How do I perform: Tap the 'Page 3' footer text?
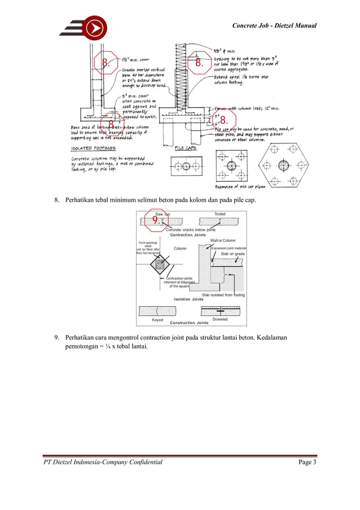307,463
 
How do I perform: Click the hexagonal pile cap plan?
283,165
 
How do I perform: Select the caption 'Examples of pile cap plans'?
242,186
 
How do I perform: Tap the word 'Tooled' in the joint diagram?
220,214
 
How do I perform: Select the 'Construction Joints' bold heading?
189,322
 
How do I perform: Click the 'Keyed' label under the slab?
157,320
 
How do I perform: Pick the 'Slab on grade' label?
231,255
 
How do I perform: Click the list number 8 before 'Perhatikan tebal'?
56,199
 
